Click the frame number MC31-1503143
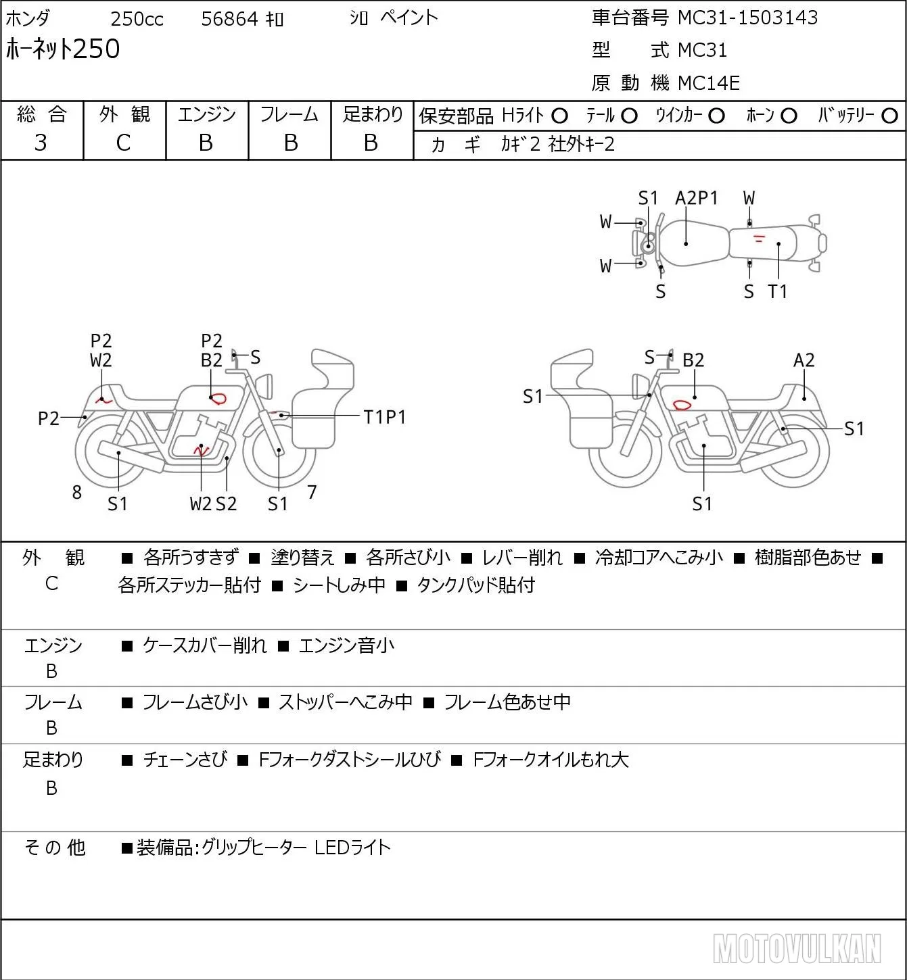(747, 18)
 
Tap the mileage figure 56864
(229, 19)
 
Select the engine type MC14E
(709, 83)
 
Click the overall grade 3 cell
(41, 143)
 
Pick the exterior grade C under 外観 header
(123, 143)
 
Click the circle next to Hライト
(559, 116)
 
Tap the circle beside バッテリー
(889, 116)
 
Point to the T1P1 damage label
(384, 418)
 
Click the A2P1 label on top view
(696, 198)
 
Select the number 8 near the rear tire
(76, 492)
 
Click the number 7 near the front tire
(312, 492)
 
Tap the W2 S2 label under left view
(213, 504)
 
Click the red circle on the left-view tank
(219, 398)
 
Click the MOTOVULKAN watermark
(797, 948)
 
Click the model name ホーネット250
(63, 49)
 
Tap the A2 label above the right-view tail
(804, 360)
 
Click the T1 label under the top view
(778, 291)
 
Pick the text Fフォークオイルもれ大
(551, 760)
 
